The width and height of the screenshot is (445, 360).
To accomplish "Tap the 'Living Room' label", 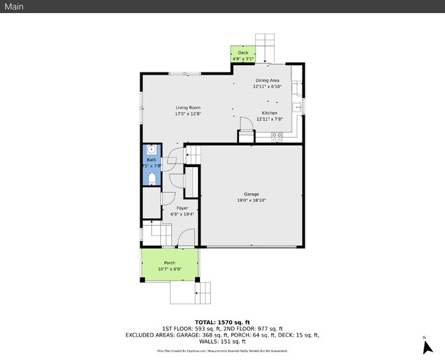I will pos(188,107).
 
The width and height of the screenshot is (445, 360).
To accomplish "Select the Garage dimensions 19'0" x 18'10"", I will pos(251,201).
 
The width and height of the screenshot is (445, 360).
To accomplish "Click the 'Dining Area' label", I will pos(267,81).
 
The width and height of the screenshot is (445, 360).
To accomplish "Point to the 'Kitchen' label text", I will pos(269,113).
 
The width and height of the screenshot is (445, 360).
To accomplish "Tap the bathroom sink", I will pos(151,151).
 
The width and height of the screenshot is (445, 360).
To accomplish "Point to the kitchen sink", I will pos(297,107).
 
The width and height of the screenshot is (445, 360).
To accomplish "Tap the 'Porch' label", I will pos(170,263).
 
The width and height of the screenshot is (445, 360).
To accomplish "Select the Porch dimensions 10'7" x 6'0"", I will pos(170,269).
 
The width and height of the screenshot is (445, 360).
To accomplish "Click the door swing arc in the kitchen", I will pos(245,123).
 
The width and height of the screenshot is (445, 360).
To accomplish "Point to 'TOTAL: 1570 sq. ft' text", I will pos(222,322).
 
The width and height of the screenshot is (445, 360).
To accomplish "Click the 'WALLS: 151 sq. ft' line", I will pos(222,341).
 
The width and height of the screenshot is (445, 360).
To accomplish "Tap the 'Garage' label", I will pos(251,194).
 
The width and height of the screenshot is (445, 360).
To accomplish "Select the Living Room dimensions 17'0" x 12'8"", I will pos(188,114).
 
